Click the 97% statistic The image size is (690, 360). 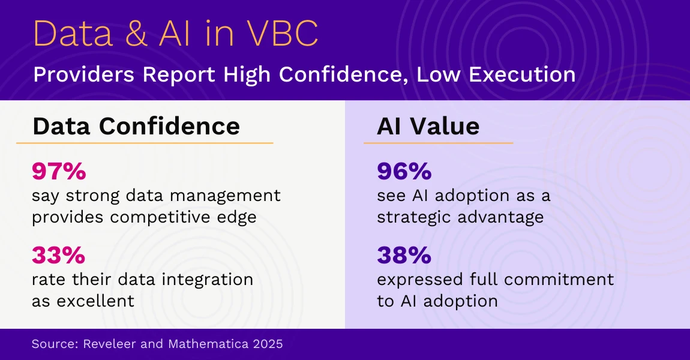click(x=59, y=172)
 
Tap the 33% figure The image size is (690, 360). click(x=58, y=256)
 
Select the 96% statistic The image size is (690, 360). click(x=404, y=172)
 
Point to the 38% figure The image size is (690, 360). click(x=404, y=256)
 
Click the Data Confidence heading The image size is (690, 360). click(x=136, y=126)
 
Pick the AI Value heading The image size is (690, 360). click(x=428, y=126)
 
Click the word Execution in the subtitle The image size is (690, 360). click(x=517, y=75)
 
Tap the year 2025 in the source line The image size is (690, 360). click(x=267, y=344)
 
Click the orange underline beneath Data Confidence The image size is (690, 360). click(x=144, y=143)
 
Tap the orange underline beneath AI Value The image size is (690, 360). click(x=438, y=143)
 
